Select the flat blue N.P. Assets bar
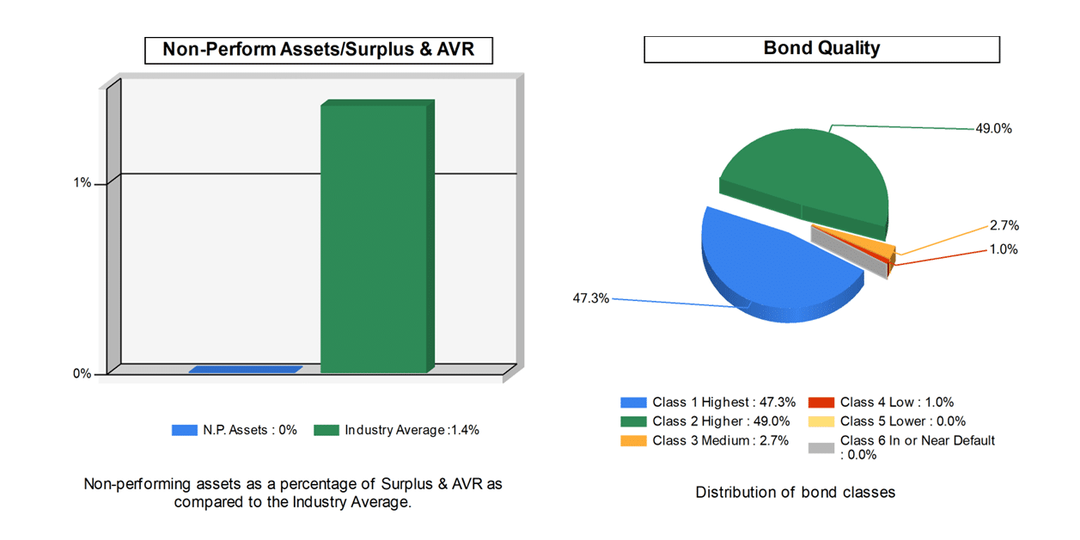(245, 370)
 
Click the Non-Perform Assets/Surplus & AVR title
(320, 51)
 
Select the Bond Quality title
(821, 49)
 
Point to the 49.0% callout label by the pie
(993, 129)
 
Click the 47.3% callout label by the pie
(591, 299)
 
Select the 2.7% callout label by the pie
(1004, 226)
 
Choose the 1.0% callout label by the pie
(1004, 249)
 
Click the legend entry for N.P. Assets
(235, 430)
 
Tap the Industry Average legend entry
(396, 430)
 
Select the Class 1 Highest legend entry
(708, 402)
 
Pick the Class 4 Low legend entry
(881, 402)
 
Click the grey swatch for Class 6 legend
(821, 447)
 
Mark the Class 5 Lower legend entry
(886, 421)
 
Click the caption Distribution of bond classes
(795, 493)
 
